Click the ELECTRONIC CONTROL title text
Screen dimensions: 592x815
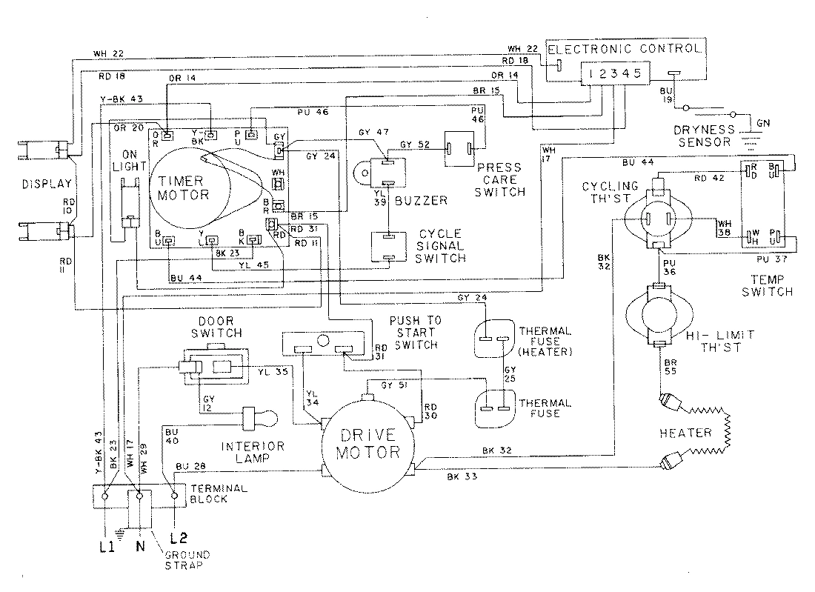(624, 49)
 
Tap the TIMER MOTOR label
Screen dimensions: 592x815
(180, 188)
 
